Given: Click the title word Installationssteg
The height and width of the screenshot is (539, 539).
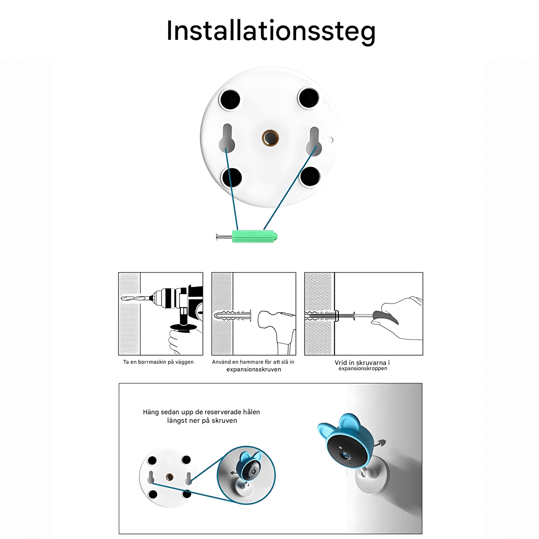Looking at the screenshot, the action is coord(271,31).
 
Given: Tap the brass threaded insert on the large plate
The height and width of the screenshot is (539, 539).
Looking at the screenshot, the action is coord(270,138).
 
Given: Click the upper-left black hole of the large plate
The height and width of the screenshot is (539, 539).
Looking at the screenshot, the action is coord(230,99).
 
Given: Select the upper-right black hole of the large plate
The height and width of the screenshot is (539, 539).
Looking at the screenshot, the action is coord(308,98).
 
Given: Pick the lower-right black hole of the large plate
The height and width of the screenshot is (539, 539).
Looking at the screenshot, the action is coord(310,177).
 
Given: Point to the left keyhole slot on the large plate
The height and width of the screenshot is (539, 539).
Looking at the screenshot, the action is coord(227,138).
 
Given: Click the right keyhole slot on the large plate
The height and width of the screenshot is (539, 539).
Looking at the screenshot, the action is coord(314,141).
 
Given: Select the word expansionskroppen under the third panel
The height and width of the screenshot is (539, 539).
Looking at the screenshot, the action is coord(363,369).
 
